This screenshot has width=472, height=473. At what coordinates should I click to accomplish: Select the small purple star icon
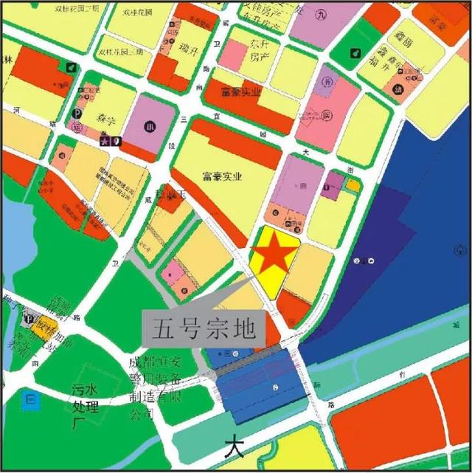(105, 140)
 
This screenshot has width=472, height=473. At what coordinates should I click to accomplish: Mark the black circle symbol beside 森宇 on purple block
(150, 124)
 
